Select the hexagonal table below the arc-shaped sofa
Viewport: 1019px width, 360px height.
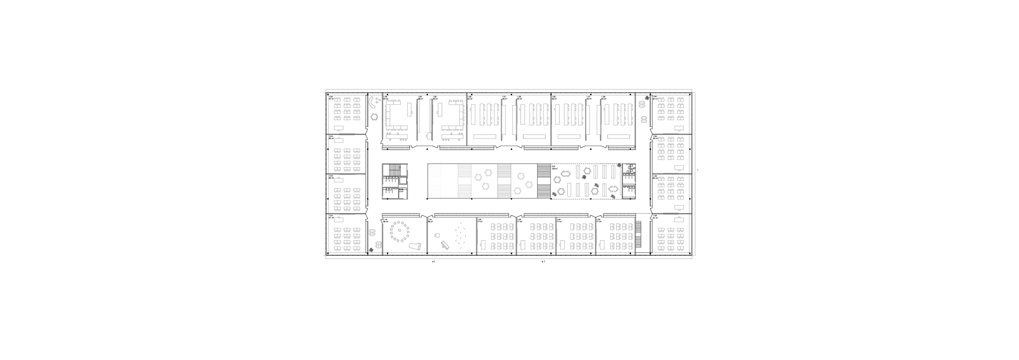click(x=374, y=117)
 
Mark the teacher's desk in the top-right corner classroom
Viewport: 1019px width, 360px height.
click(x=679, y=129)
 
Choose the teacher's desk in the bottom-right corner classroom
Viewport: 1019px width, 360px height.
click(x=680, y=219)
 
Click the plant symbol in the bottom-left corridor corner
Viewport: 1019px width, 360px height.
click(x=371, y=250)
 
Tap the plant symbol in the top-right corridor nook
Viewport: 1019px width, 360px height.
click(x=647, y=97)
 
